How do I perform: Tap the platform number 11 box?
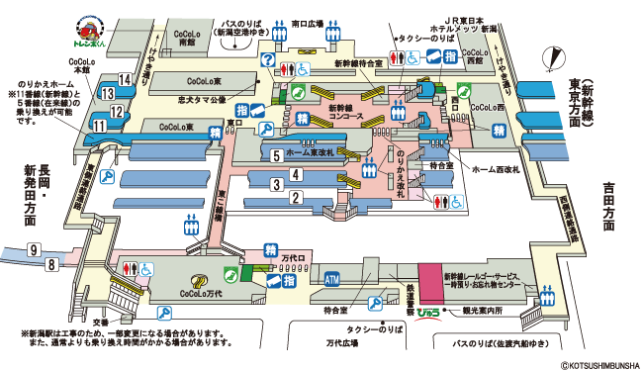coord(101,126)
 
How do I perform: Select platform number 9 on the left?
coord(34,248)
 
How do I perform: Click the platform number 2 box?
coord(295,197)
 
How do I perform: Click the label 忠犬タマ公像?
coord(203,100)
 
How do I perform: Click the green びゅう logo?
coord(429,312)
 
